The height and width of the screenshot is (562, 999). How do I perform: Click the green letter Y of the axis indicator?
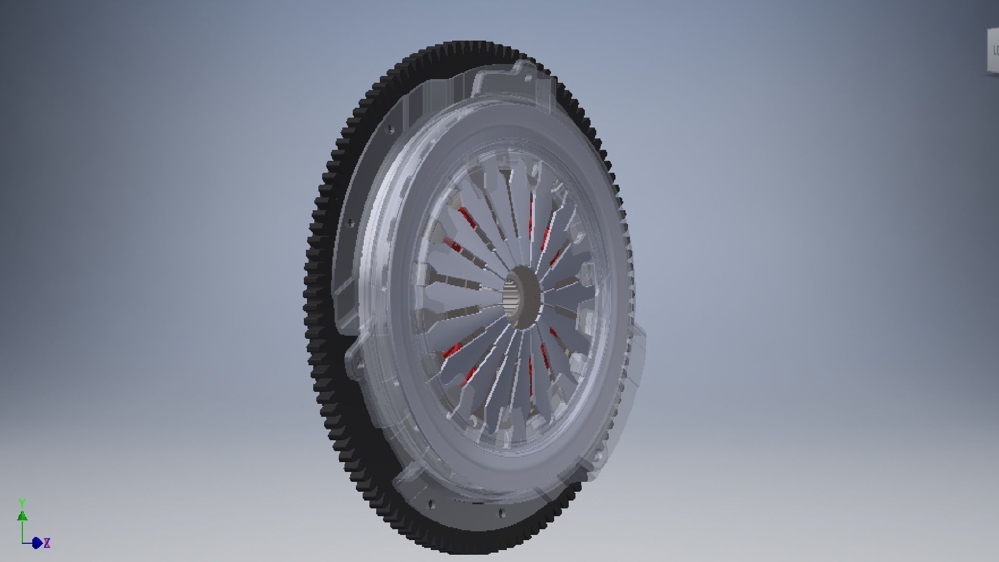coord(22,503)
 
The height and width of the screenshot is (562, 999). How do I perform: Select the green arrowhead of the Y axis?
coord(22,516)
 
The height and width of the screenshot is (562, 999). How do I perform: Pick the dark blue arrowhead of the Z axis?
coord(36,543)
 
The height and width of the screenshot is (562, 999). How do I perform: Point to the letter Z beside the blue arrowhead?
coord(47,543)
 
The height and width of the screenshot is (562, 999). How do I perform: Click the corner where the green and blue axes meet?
coord(23,543)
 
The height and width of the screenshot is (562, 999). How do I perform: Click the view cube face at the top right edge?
coord(993,51)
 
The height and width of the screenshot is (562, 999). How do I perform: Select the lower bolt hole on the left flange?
coord(350,223)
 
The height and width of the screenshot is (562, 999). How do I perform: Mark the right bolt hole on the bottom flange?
coord(502,513)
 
